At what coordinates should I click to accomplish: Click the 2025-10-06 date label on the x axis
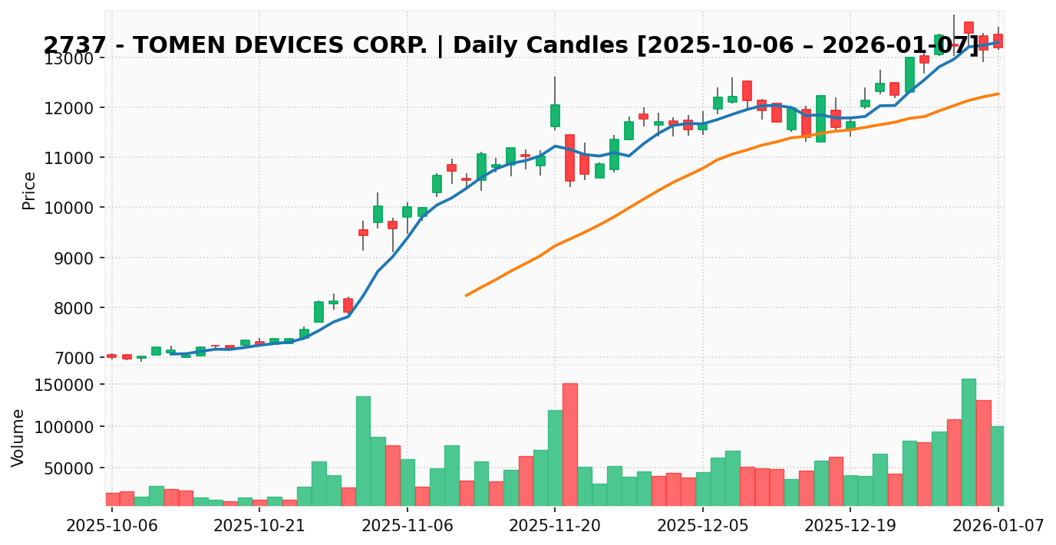pos(112,526)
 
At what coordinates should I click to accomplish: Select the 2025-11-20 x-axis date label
pos(555,526)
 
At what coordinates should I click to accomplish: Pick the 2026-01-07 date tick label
pos(998,526)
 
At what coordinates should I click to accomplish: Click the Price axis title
pos(29,190)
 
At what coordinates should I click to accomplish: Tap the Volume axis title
pos(18,437)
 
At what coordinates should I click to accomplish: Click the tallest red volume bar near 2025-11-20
pos(569,445)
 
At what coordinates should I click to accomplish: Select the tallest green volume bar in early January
pos(969,442)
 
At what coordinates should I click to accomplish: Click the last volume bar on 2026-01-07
pos(998,465)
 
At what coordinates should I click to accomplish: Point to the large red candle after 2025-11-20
pos(569,158)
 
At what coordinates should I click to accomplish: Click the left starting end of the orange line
pos(466,295)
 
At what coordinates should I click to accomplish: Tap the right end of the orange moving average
pos(998,94)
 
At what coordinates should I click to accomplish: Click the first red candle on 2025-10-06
pos(112,356)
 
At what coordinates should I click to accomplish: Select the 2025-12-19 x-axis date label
pos(850,526)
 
